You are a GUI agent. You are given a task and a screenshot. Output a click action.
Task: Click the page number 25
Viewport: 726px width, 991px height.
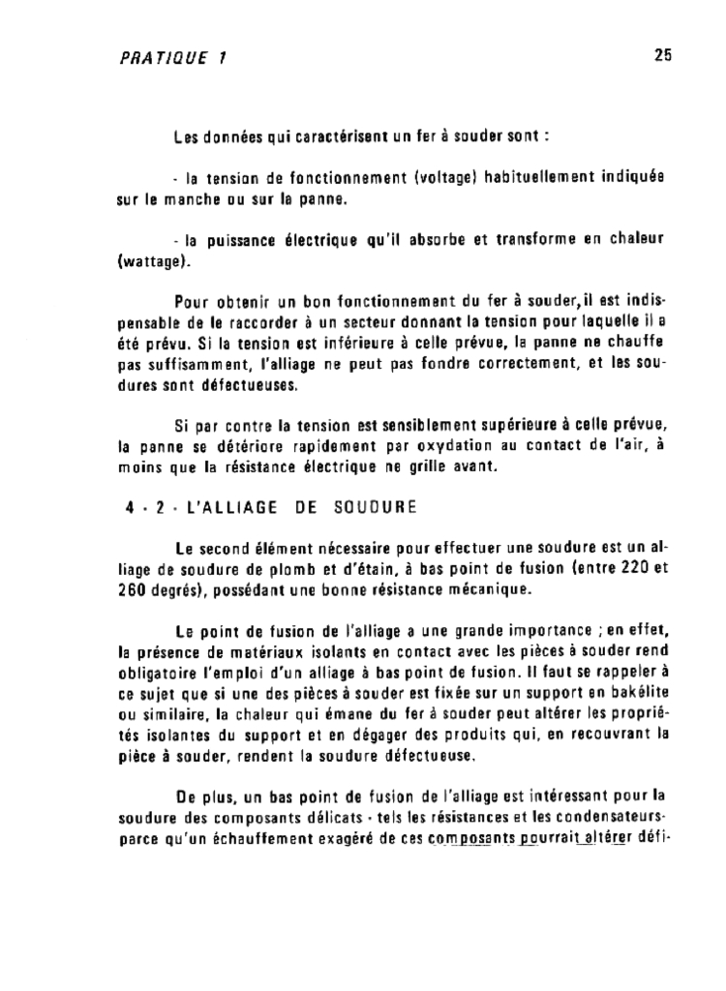click(662, 55)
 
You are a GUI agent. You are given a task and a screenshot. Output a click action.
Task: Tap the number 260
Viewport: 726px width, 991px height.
click(120, 587)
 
